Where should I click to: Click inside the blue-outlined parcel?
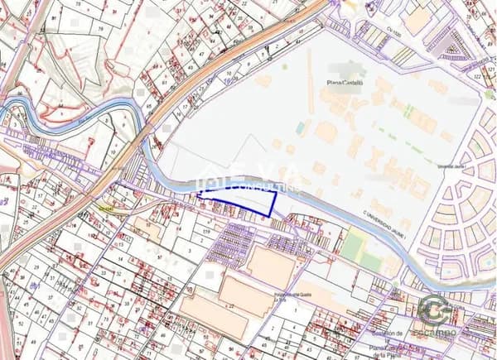(x=240, y=199)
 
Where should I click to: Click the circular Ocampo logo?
(x=434, y=309)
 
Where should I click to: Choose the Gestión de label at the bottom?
(x=388, y=333)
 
